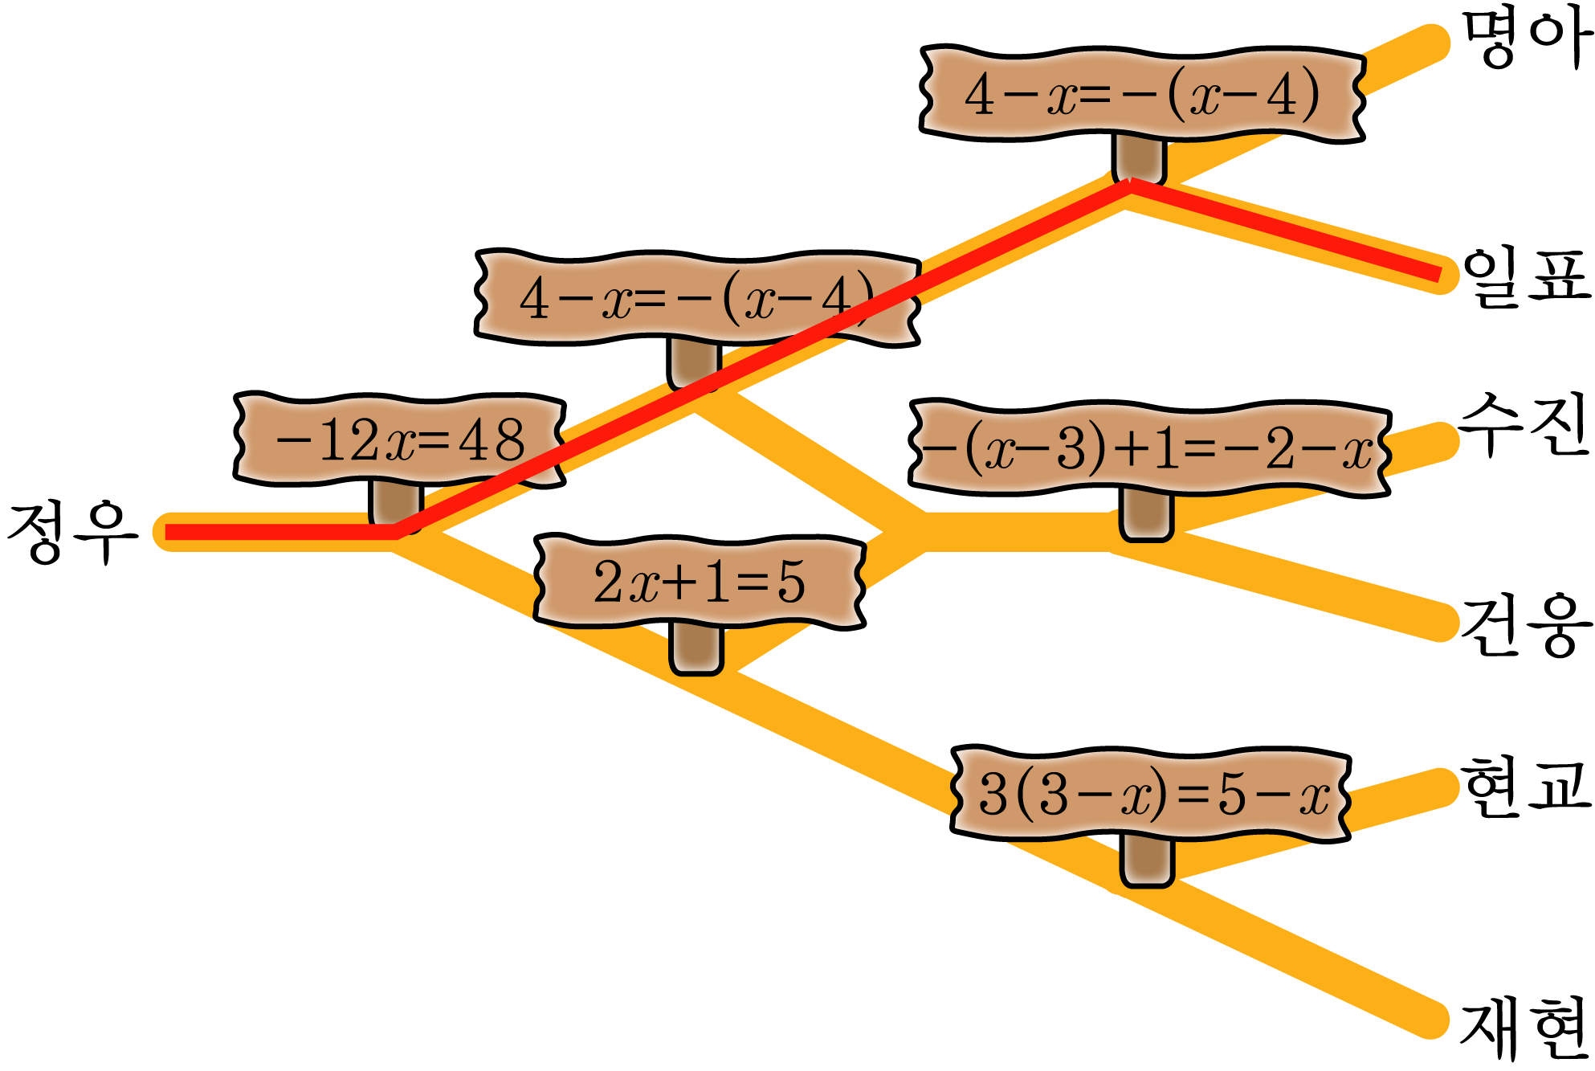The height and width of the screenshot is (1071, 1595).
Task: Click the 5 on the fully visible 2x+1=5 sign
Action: point(790,583)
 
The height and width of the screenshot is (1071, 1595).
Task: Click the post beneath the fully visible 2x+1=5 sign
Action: point(696,647)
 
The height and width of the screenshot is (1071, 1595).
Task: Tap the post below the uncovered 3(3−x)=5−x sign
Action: point(1147,860)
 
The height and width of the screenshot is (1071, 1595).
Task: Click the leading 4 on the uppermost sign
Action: point(979,95)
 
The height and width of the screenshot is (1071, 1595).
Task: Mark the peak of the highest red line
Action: point(1130,186)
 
